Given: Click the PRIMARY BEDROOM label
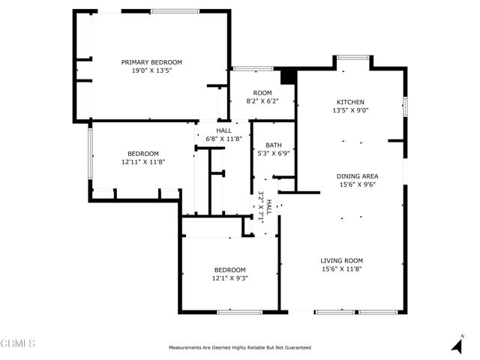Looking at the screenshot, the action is [151, 62].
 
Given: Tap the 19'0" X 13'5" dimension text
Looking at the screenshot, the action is [151, 70].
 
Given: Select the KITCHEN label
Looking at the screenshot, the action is [350, 102].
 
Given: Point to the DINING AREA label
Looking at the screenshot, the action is [357, 176].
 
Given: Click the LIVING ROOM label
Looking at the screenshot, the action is [342, 260].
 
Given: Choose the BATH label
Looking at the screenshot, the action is [274, 145].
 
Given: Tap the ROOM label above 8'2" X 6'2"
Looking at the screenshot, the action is [262, 93].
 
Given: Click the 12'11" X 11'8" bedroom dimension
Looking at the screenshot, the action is [143, 162].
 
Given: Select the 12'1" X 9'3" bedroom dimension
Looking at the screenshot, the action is [230, 278].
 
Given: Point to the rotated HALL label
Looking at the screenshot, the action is [269, 207].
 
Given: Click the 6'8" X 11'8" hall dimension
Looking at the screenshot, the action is [223, 139].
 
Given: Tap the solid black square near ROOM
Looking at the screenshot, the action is [288, 76].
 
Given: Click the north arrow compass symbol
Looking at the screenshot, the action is [457, 344].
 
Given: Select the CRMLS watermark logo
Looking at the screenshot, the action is [17, 343].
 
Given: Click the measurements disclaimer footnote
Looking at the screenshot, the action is [240, 347].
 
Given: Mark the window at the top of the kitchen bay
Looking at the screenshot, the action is [353, 57].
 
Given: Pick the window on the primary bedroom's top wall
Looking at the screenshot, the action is [175, 11].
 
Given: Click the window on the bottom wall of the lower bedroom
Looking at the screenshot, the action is [240, 312].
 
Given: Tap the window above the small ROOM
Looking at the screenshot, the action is [253, 68].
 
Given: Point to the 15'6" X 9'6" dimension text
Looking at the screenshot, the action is [357, 184].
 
